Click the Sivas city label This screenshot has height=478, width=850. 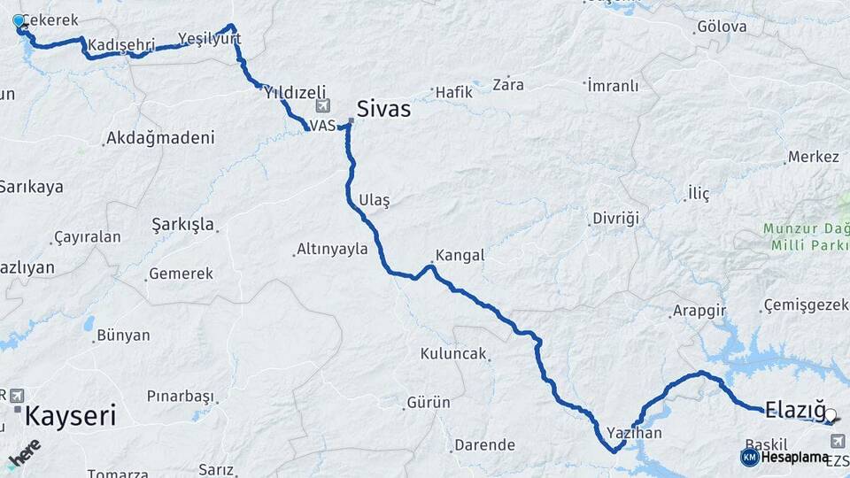(x=383, y=109)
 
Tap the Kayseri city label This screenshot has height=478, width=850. (x=71, y=415)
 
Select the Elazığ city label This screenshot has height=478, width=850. (x=795, y=409)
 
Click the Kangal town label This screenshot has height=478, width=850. (x=460, y=255)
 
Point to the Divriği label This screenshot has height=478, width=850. (x=615, y=218)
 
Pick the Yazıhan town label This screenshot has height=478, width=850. (x=634, y=434)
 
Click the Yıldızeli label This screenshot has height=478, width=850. (x=295, y=92)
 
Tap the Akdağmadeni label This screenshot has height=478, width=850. (x=159, y=138)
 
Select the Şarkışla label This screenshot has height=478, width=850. (x=183, y=224)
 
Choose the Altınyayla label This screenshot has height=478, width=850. (x=332, y=249)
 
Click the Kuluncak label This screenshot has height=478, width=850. (x=453, y=354)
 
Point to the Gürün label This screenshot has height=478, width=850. (x=429, y=403)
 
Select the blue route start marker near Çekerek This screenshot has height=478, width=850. (x=19, y=20)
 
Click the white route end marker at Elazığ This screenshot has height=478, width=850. (x=831, y=413)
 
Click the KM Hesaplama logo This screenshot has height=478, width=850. (x=784, y=457)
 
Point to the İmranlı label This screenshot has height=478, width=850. (x=613, y=86)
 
